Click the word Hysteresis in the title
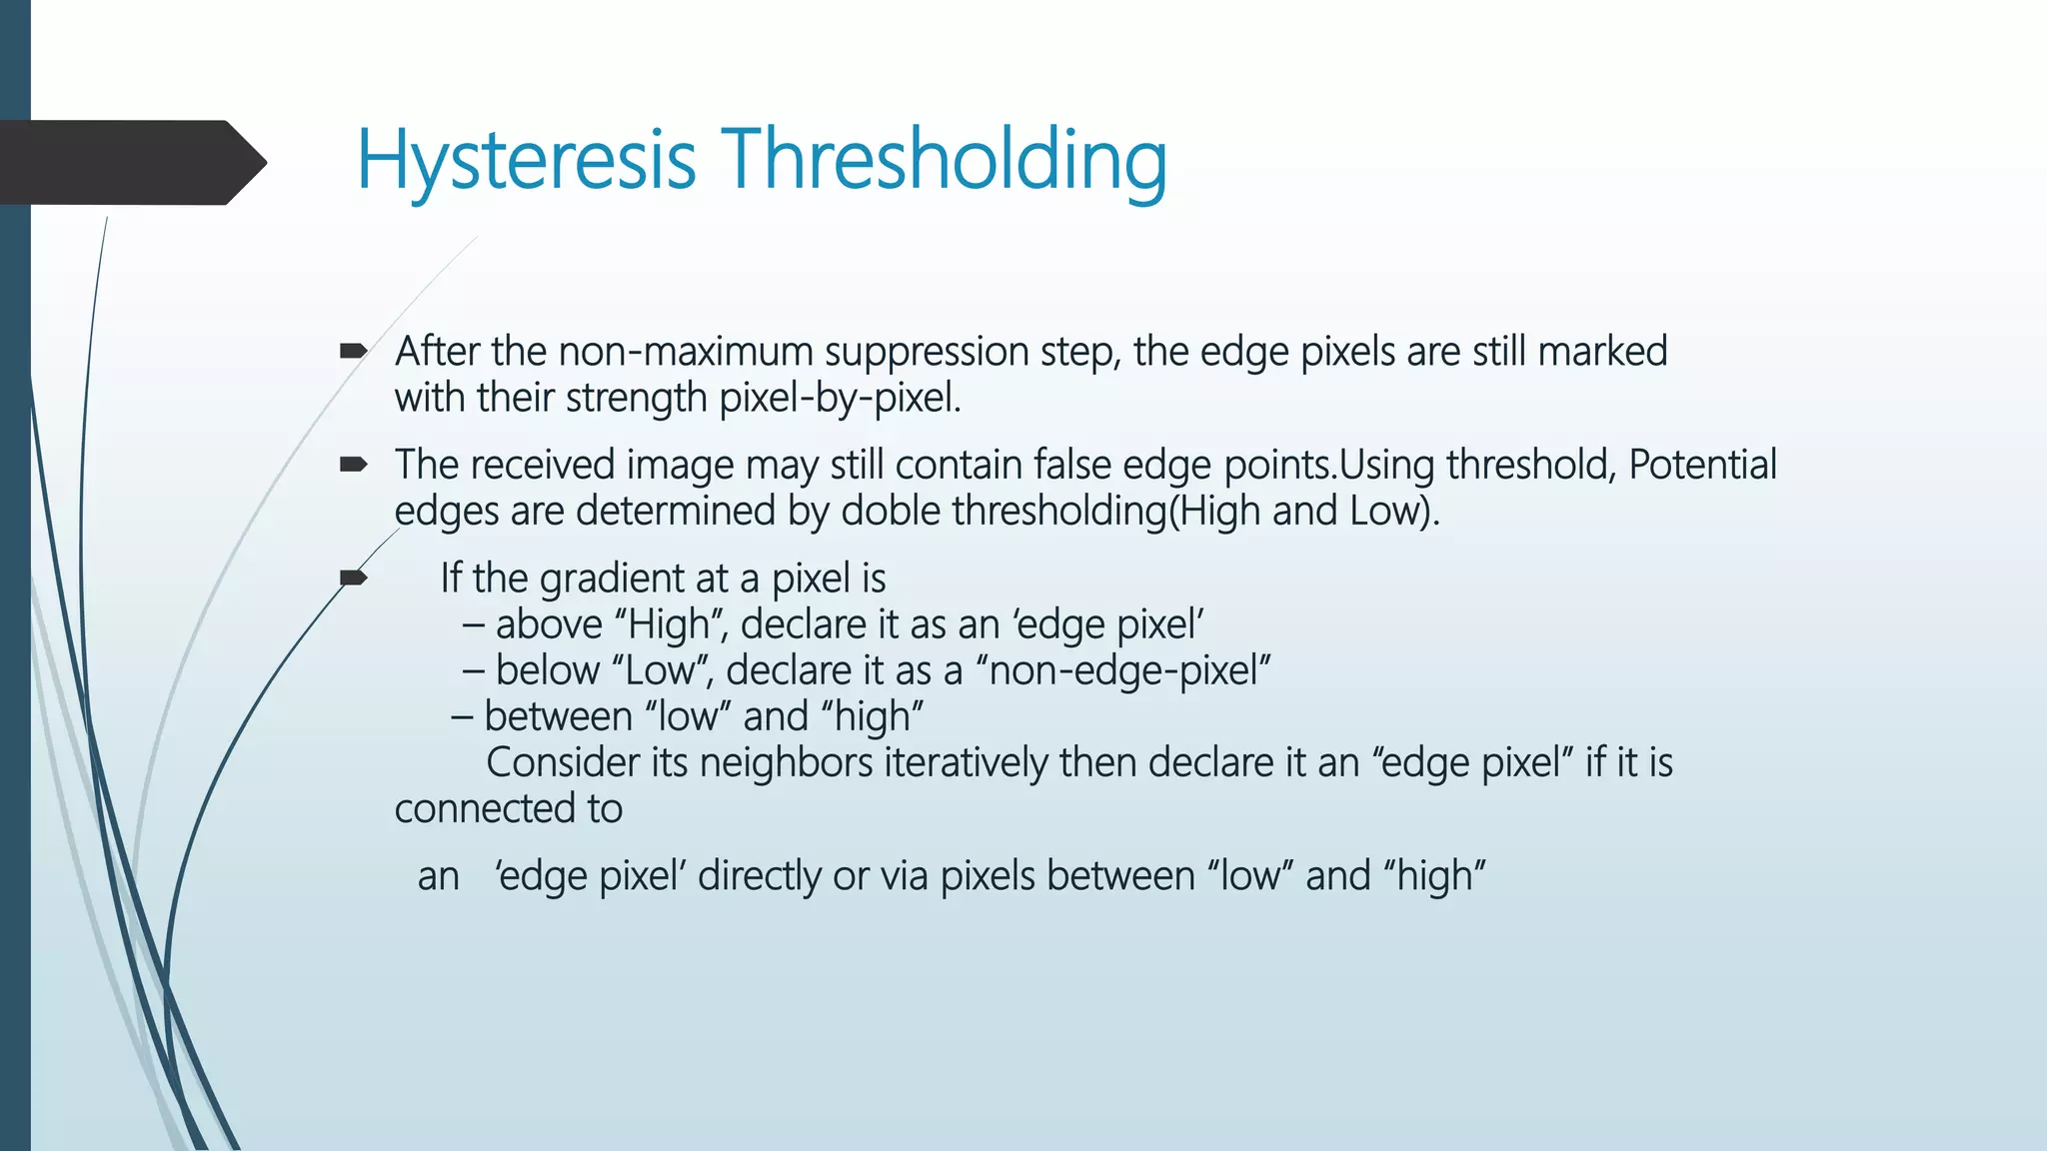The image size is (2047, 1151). click(x=526, y=161)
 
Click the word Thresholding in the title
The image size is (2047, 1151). click(x=944, y=161)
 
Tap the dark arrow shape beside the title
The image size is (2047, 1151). click(x=130, y=162)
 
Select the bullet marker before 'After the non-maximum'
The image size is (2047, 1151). click(x=353, y=351)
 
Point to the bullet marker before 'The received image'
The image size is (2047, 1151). click(x=353, y=464)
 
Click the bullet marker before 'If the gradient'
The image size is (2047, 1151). click(x=353, y=577)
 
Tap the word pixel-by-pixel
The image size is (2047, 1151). click(x=840, y=399)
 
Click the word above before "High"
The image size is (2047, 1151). click(x=549, y=624)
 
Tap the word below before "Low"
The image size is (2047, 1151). click(x=547, y=670)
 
